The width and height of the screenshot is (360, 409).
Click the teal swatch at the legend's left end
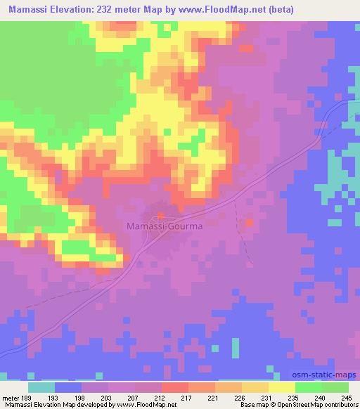[41, 387]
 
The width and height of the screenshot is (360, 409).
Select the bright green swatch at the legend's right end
[335, 387]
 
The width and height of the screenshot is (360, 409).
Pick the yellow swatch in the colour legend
[281, 387]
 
